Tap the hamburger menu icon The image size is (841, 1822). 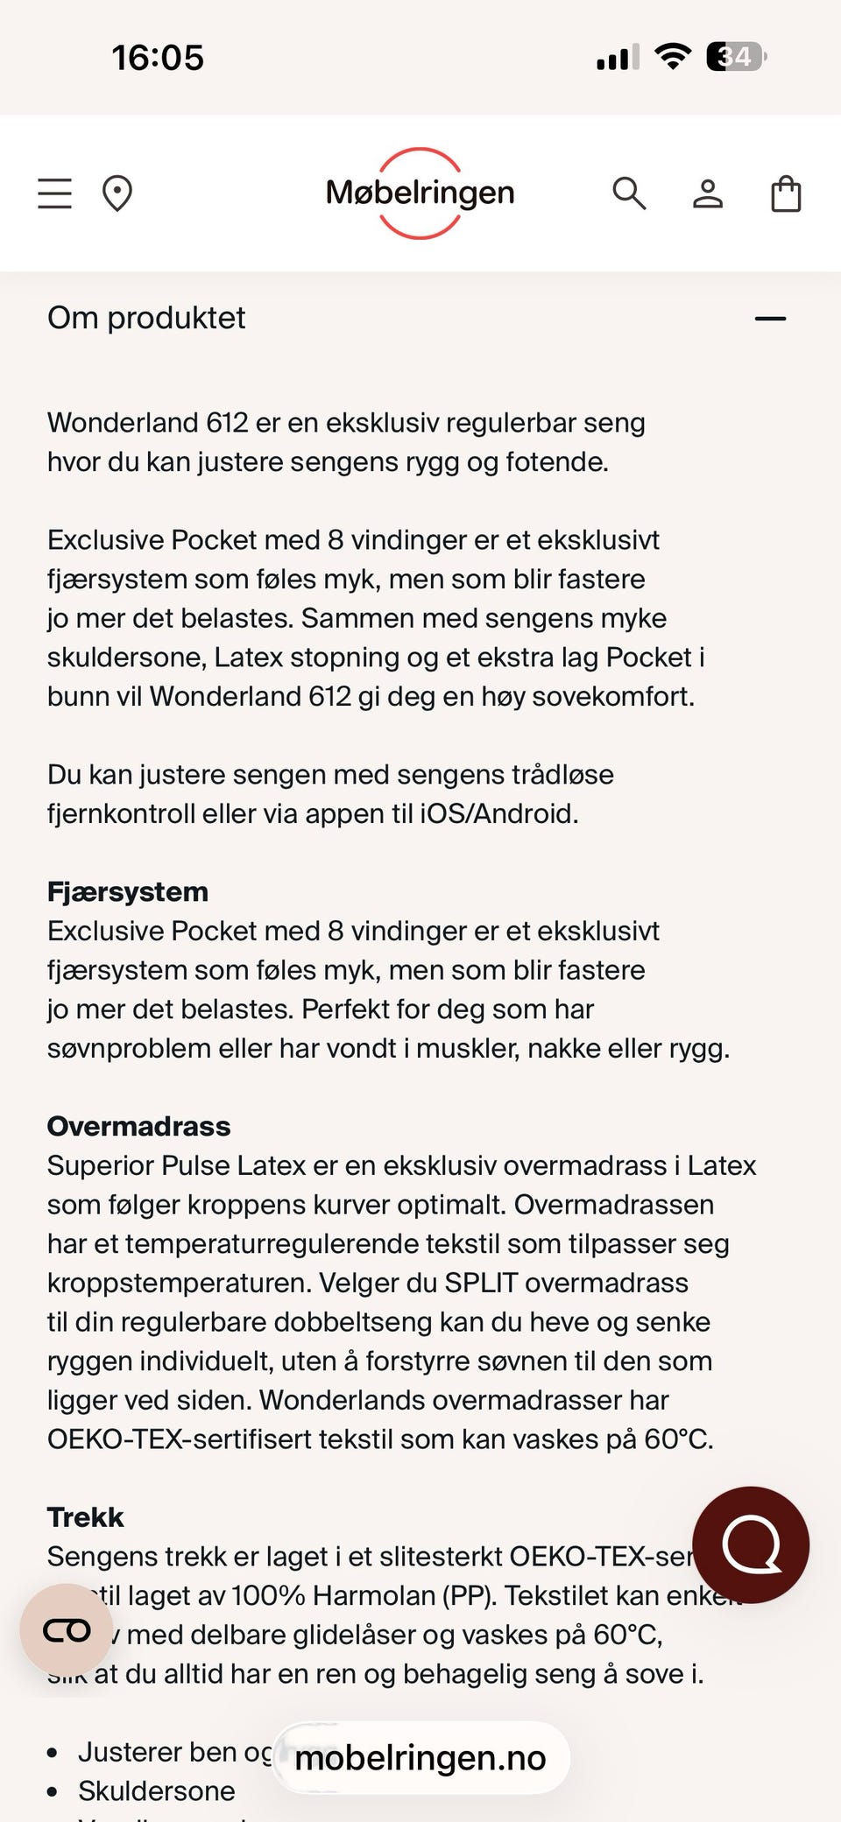(x=54, y=193)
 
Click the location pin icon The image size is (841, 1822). (x=117, y=193)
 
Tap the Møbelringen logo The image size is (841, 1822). (x=420, y=193)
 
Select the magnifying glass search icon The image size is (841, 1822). (x=629, y=193)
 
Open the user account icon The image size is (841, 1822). (x=708, y=193)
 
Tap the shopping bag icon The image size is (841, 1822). (x=786, y=193)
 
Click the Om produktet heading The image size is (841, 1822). (x=146, y=318)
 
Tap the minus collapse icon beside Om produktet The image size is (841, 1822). (x=770, y=319)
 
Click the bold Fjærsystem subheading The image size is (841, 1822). (x=128, y=891)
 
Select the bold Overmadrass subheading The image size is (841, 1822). (x=138, y=1126)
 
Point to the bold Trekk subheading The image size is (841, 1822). (x=86, y=1516)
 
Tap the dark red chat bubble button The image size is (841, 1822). (x=751, y=1544)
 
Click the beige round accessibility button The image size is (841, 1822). (x=67, y=1630)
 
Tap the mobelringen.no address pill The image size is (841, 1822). (x=420, y=1757)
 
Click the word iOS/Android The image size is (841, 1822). (x=498, y=813)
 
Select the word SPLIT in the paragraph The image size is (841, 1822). (x=481, y=1283)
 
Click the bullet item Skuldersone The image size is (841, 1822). (x=157, y=1790)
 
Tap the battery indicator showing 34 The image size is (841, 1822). (x=736, y=57)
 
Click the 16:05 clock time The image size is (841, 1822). (x=158, y=58)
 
